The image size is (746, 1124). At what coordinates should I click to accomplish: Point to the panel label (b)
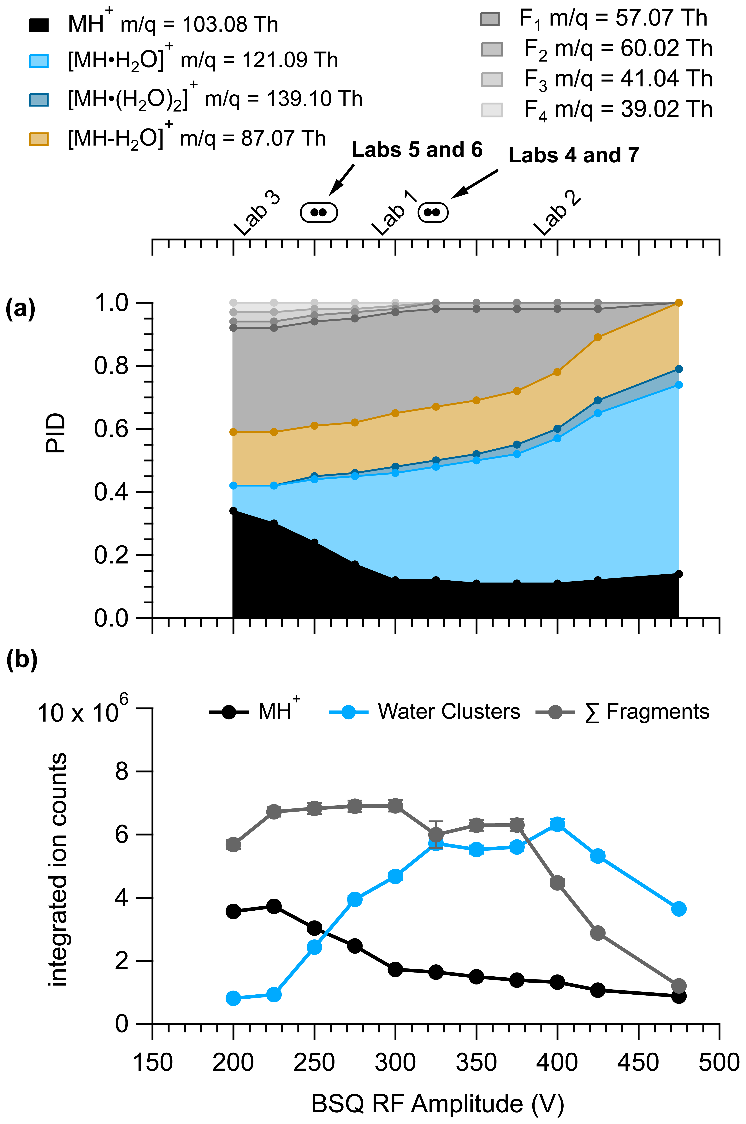21,661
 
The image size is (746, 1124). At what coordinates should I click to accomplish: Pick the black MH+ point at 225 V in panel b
274,906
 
